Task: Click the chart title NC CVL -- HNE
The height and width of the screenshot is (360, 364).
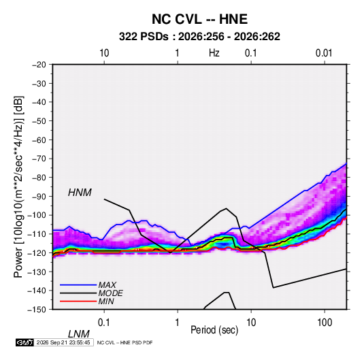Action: (x=199, y=19)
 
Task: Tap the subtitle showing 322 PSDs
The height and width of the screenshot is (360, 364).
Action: (x=199, y=37)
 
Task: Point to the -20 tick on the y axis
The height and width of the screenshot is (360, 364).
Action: (x=39, y=65)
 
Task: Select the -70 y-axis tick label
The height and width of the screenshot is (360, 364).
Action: (x=39, y=159)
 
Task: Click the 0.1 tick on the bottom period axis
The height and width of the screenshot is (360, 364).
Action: (x=104, y=323)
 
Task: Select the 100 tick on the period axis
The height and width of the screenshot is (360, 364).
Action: (x=325, y=323)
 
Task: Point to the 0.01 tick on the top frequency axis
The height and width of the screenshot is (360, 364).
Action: (x=324, y=53)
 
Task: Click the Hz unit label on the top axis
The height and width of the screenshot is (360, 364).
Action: (x=214, y=53)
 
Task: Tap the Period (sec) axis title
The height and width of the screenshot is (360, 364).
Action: (x=214, y=330)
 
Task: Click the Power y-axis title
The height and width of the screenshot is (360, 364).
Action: (x=18, y=187)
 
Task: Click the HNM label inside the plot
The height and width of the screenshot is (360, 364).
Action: (x=80, y=193)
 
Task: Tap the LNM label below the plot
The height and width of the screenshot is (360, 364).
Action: (x=78, y=334)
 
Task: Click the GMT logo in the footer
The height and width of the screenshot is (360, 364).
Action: (x=24, y=342)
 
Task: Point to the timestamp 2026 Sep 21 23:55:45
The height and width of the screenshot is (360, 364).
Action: (x=63, y=342)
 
